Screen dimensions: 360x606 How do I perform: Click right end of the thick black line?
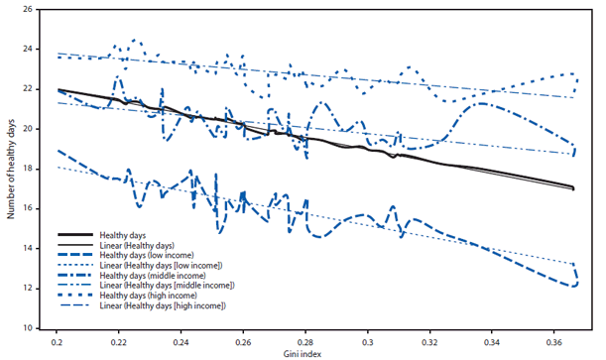[573, 187]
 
